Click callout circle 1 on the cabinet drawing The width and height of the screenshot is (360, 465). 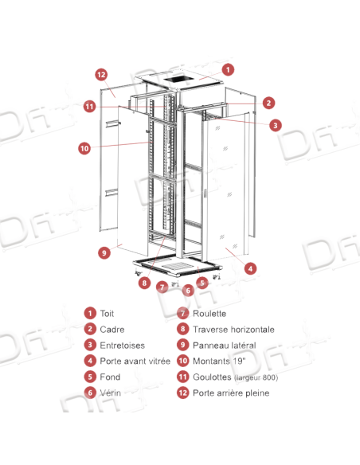[228, 69]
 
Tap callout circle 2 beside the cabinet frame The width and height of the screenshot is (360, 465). [269, 103]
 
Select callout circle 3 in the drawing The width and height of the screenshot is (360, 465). [274, 125]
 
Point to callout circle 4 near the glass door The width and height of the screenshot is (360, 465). [249, 269]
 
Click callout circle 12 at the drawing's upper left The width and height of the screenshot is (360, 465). [101, 75]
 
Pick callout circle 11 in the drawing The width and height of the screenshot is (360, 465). [90, 106]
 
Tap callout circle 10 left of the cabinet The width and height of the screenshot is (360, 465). [84, 147]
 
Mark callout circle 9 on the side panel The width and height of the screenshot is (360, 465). [104, 252]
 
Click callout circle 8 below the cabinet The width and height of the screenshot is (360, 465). [143, 281]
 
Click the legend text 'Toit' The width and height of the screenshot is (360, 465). [106, 314]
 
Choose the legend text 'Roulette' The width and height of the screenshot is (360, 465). [207, 314]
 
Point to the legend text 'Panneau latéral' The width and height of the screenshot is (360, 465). [222, 345]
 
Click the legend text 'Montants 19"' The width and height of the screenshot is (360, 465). [215, 361]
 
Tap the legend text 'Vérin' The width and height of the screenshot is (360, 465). [108, 393]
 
